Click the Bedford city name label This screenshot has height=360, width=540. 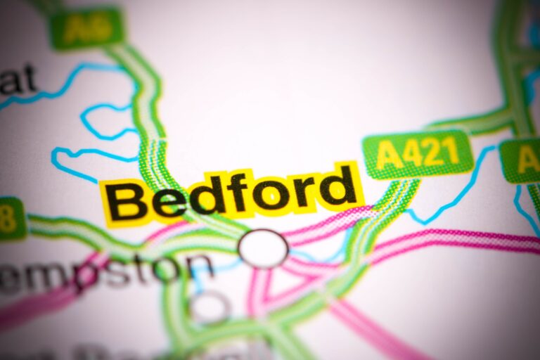[x=232, y=193]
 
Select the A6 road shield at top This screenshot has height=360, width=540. [x=86, y=29]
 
